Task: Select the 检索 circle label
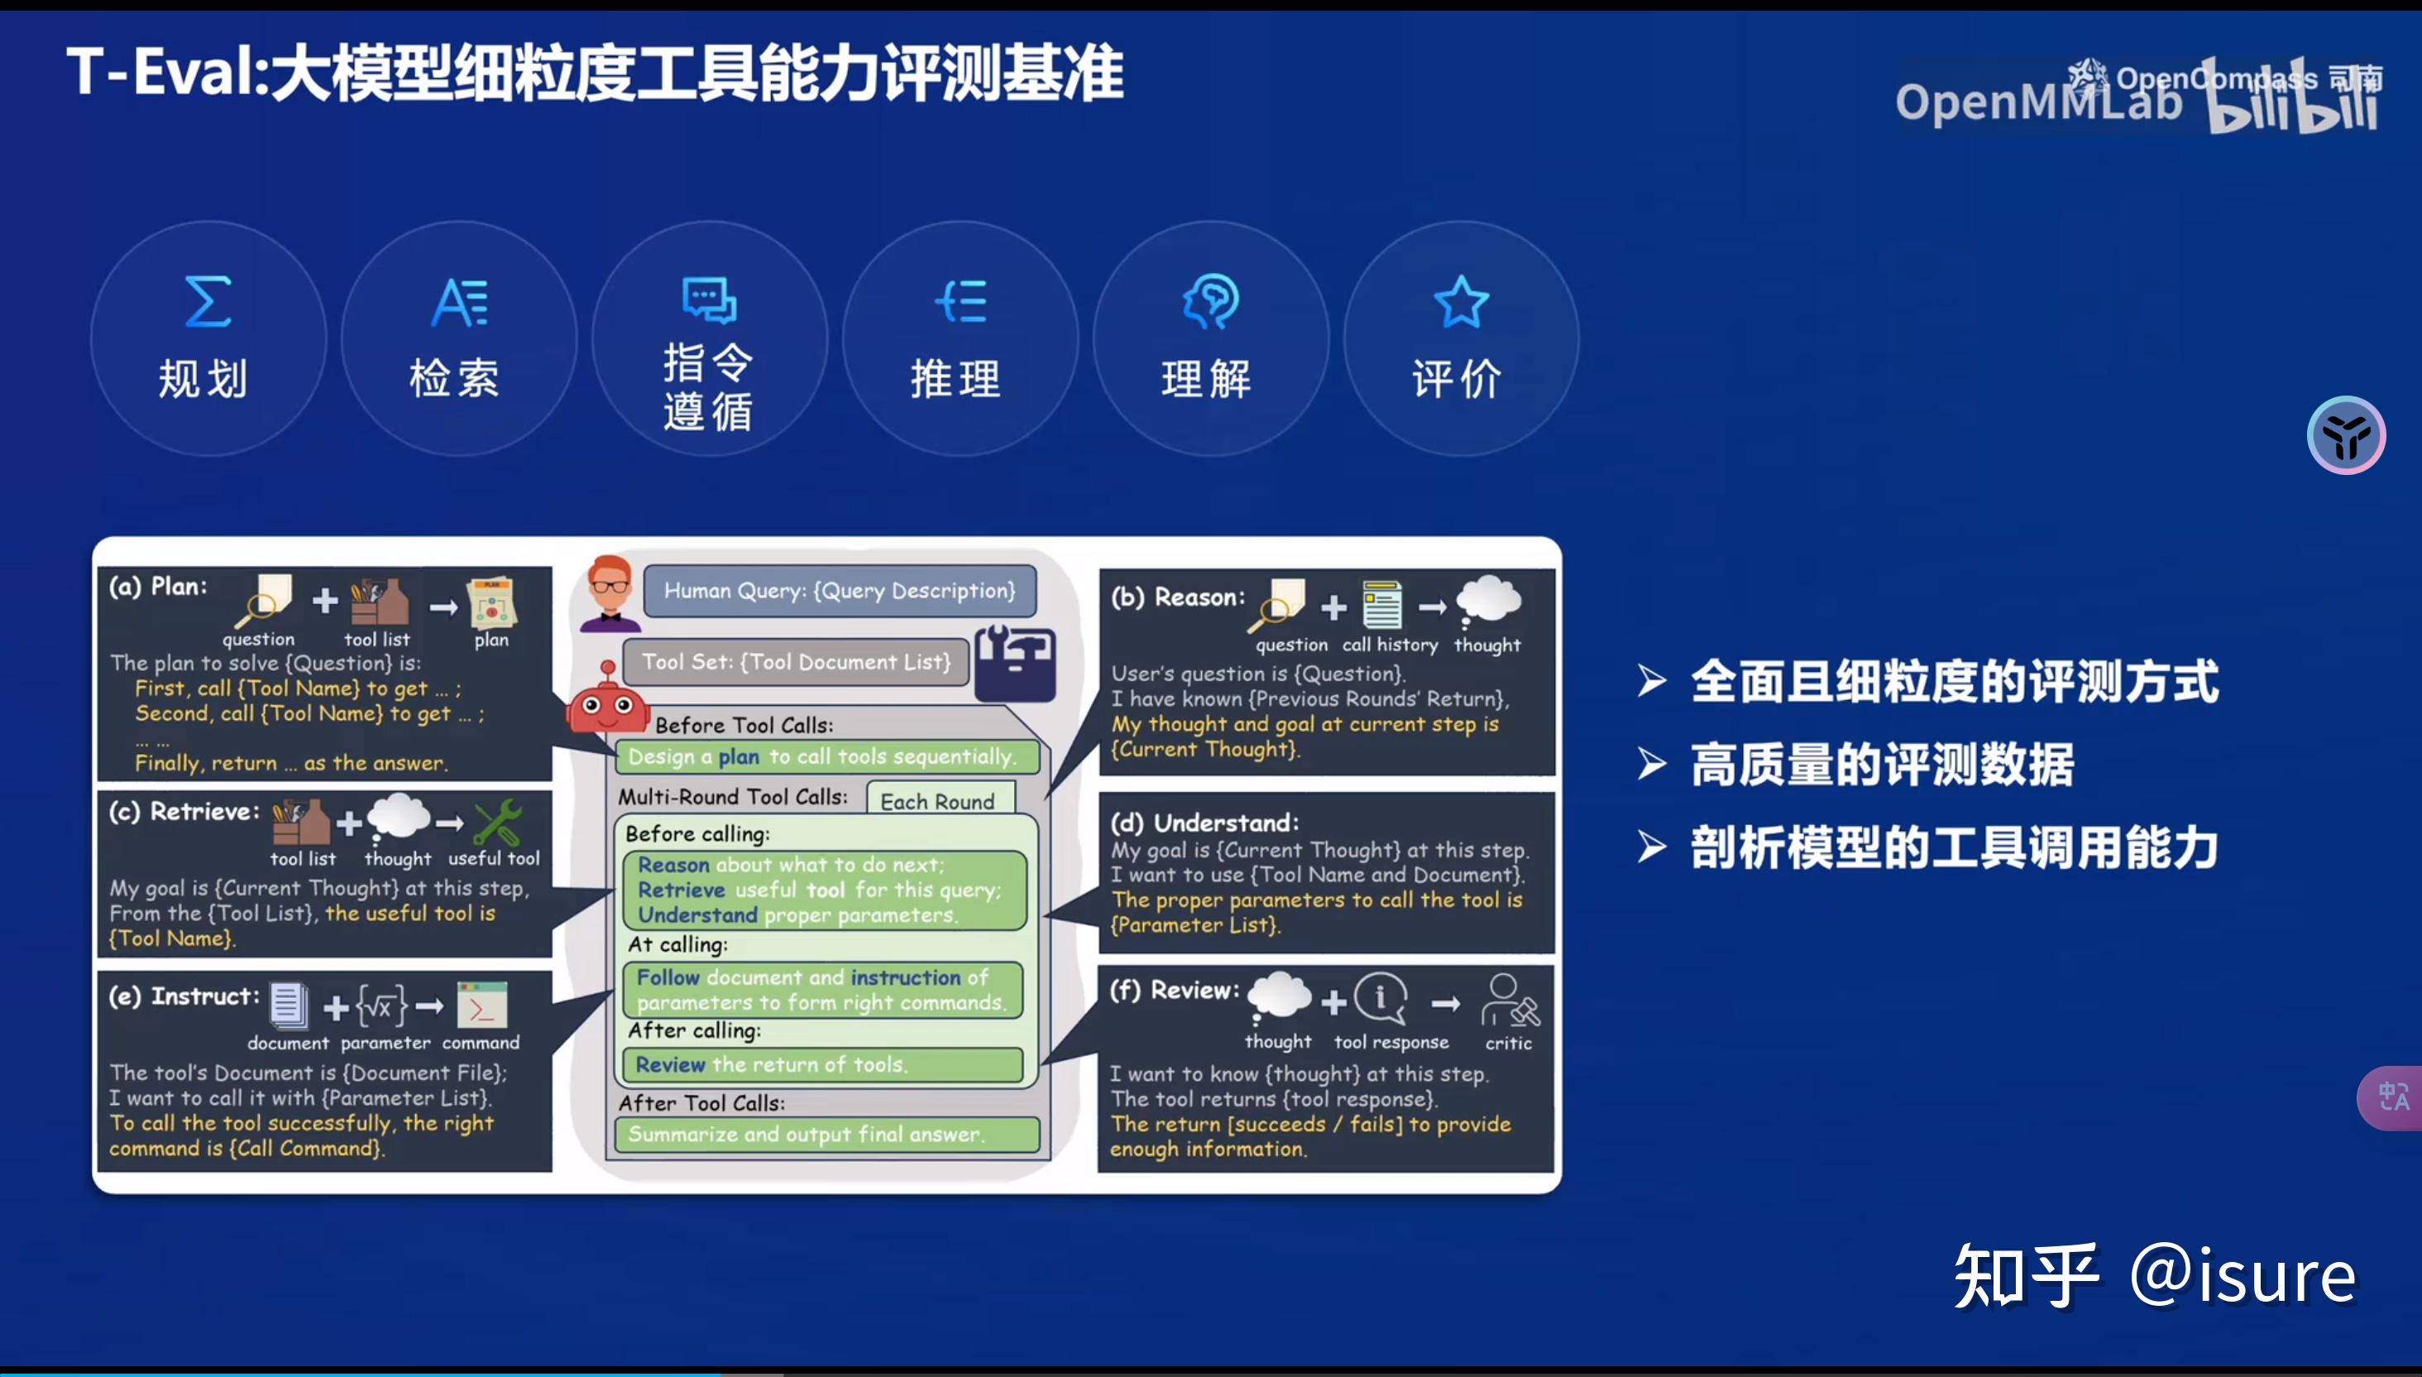[454, 378]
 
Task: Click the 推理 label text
[955, 378]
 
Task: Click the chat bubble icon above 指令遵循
[709, 300]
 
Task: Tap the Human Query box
[840, 591]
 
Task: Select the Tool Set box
[796, 662]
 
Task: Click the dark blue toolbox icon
[1015, 662]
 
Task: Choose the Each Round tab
[939, 801]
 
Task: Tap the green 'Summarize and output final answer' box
[826, 1134]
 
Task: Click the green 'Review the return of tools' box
[821, 1065]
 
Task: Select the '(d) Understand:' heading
[1204, 823]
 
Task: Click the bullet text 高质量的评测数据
[1881, 764]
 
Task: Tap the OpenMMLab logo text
[2037, 102]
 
